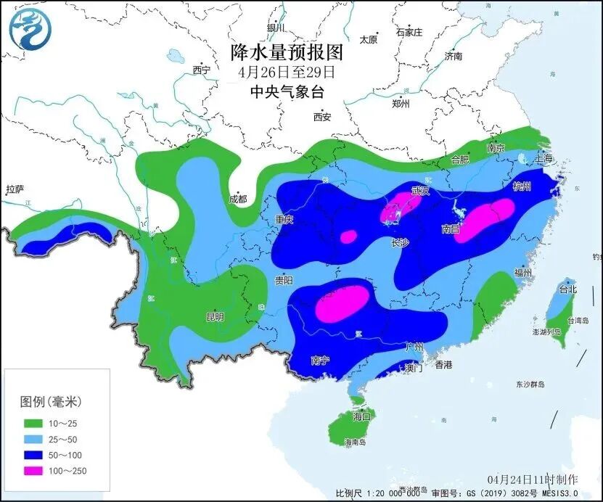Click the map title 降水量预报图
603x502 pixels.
(x=286, y=52)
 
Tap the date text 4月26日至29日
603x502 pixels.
(x=286, y=72)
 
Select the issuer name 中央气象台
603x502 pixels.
(x=286, y=91)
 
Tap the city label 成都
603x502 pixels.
(x=237, y=199)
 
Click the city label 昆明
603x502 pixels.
(x=215, y=317)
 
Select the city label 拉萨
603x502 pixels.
(x=15, y=190)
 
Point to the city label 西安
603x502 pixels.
(x=322, y=117)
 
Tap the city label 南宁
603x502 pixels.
(x=320, y=360)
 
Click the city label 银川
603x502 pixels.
(x=276, y=28)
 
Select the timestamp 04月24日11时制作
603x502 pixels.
(x=533, y=480)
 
